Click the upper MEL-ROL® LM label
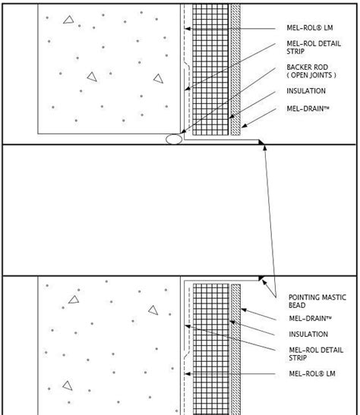[310, 28]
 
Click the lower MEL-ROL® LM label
[312, 373]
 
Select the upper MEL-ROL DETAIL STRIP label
[314, 47]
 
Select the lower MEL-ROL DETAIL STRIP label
[316, 354]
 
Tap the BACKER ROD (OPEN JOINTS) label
[311, 71]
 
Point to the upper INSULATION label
[306, 91]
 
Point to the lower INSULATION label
[308, 334]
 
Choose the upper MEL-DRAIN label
[308, 108]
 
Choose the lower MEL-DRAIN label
[310, 318]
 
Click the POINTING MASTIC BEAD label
[317, 301]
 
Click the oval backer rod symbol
[174, 139]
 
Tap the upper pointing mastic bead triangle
[261, 143]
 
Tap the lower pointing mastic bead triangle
[261, 278]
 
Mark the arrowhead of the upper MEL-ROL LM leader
[188, 29]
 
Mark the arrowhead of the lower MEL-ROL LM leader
[188, 374]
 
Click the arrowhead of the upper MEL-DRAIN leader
[244, 126]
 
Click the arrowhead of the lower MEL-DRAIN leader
[244, 310]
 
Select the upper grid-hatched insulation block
[210, 69]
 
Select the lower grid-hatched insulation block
[211, 349]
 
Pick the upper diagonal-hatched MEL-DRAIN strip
[235, 69]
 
